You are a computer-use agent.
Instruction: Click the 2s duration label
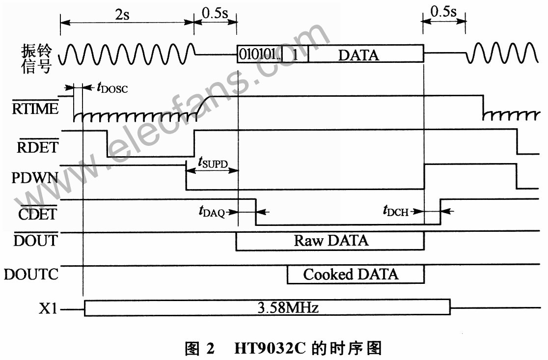point(122,15)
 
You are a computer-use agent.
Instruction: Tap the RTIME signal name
point(35,108)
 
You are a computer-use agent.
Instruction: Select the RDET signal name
point(37,147)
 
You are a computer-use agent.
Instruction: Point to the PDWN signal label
point(34,178)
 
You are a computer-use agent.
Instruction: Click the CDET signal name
point(37,214)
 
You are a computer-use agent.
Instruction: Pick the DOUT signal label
point(35,240)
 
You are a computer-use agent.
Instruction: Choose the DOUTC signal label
point(31,274)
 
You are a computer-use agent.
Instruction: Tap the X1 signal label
point(48,308)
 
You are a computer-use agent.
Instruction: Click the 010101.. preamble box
point(260,54)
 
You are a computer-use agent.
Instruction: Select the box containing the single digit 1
point(295,54)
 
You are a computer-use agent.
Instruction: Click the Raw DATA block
point(330,241)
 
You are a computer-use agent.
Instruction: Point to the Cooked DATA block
point(356,275)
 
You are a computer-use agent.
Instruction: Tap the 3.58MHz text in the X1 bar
point(288,307)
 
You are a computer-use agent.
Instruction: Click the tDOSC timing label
point(112,87)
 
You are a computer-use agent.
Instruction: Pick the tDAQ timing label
point(212,212)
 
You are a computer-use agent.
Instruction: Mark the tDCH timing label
point(396,211)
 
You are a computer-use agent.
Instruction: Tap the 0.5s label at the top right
point(443,12)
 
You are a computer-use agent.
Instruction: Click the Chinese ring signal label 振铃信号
point(36,58)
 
